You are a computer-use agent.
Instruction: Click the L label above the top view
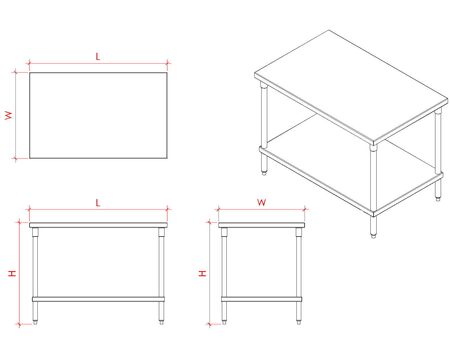(98, 57)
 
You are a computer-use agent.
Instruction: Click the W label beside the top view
(8, 115)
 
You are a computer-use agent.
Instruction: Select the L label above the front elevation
(98, 202)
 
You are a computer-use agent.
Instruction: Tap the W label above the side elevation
(261, 202)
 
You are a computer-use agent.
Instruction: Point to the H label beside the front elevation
(12, 273)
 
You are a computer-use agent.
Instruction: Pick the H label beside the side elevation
(202, 273)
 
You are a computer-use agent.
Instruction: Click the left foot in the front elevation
(35, 322)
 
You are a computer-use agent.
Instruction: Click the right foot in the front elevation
(161, 322)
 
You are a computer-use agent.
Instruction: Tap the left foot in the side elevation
(224, 322)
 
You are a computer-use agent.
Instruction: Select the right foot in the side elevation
(299, 322)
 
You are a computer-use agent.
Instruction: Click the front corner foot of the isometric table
(373, 236)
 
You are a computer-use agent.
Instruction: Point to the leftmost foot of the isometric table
(264, 173)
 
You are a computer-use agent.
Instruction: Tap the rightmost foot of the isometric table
(438, 199)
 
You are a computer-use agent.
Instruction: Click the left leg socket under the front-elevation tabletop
(35, 232)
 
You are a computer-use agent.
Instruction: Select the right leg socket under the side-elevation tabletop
(299, 232)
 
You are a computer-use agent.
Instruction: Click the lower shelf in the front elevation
(98, 299)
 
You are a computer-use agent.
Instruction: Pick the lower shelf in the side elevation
(262, 299)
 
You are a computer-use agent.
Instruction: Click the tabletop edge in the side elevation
(262, 225)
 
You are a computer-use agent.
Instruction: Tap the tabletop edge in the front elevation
(98, 225)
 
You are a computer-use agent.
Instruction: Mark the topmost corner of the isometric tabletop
(329, 30)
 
